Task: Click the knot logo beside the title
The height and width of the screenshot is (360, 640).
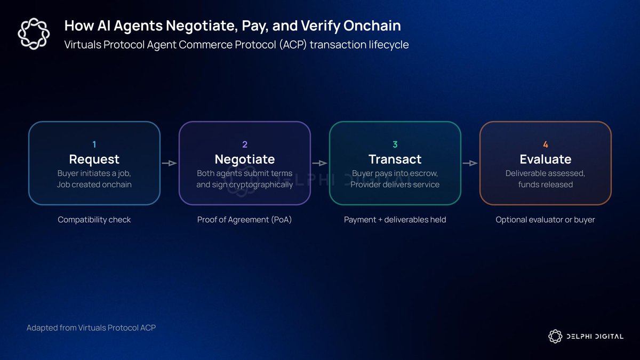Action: (x=34, y=34)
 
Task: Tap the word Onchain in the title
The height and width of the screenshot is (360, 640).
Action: (x=372, y=26)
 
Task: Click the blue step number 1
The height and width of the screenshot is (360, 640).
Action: (x=94, y=145)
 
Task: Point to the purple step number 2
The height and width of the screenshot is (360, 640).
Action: (x=245, y=145)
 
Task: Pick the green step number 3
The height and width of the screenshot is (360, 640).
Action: (x=395, y=145)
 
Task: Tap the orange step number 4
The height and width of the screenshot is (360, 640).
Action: (x=546, y=145)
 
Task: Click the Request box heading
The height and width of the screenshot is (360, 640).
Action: (x=94, y=159)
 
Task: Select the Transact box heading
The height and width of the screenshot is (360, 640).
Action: (x=395, y=159)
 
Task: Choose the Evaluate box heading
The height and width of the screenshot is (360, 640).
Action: (x=546, y=159)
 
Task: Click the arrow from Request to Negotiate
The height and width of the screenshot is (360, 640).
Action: (x=170, y=163)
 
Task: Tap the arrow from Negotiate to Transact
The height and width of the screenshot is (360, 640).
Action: (x=319, y=163)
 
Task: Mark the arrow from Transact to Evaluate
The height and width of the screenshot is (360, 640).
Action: (x=470, y=163)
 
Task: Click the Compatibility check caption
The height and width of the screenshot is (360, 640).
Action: (x=94, y=220)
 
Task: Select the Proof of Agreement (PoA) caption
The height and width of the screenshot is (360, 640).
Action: (x=245, y=220)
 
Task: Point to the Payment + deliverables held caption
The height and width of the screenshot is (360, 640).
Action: (x=395, y=220)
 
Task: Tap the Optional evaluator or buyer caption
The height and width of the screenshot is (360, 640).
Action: (x=546, y=220)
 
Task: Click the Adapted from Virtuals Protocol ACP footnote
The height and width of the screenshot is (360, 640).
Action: (x=91, y=327)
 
